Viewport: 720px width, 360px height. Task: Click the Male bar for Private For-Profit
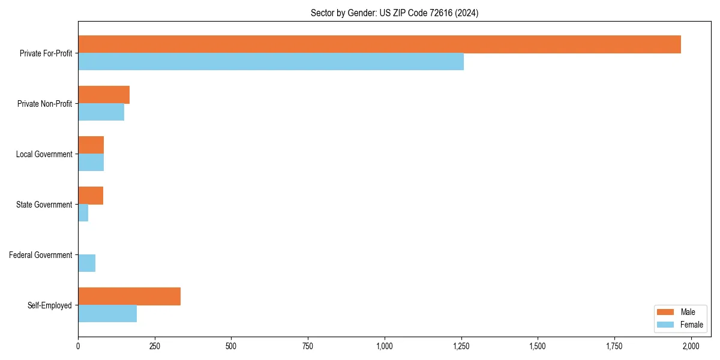[x=379, y=44]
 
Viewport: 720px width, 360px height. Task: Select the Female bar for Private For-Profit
[x=271, y=62]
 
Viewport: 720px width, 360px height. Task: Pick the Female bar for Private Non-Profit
[x=101, y=112]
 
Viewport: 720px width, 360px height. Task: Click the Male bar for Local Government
[x=91, y=145]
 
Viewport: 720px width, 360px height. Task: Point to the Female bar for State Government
[x=83, y=213]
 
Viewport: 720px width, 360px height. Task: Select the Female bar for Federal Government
[x=86, y=263]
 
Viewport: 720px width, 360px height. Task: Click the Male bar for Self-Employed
[x=129, y=296]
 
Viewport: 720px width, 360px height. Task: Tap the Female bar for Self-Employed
[x=107, y=314]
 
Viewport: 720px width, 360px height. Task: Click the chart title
[x=394, y=13]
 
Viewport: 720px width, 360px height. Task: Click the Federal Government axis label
[x=41, y=255]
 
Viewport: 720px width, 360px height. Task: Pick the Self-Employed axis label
[x=50, y=305]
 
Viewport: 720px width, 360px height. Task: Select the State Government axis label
[x=44, y=205]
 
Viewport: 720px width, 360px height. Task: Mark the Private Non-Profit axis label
[x=45, y=104]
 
